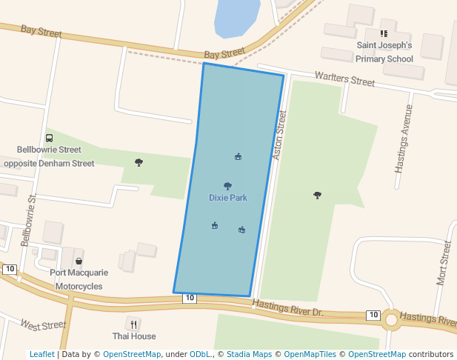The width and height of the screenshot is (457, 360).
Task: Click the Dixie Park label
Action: coord(227,198)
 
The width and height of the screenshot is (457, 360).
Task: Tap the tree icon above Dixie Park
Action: coord(227,186)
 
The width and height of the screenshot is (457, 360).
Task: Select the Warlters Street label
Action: coord(344,78)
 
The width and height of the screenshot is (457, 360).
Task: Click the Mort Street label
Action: coord(444,263)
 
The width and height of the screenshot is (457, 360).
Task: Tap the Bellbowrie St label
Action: coord(29,220)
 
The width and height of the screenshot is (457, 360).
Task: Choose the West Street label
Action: coord(43,325)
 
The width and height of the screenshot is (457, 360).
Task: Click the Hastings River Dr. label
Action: coord(288,307)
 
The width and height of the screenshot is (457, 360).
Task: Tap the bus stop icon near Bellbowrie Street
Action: coord(49,138)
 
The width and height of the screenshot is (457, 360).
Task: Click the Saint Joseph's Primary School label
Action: coord(384,52)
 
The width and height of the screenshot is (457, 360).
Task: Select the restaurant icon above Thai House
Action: coord(134,323)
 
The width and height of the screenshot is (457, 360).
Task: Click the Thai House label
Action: coord(134,336)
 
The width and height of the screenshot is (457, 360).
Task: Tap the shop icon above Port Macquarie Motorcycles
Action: coord(79,261)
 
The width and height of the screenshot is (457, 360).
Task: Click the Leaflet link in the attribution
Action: coord(41,355)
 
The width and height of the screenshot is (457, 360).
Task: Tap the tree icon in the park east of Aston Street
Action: coord(318,195)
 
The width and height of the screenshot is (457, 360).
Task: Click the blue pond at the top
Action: coord(236,16)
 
